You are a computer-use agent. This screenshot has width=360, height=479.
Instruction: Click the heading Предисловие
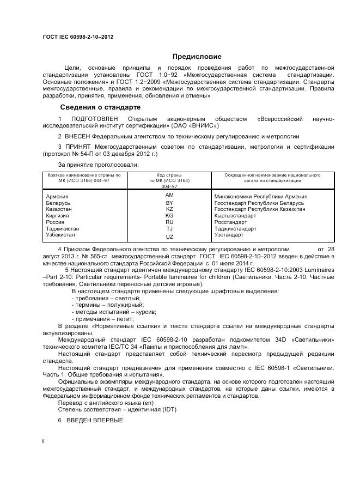click(197, 56)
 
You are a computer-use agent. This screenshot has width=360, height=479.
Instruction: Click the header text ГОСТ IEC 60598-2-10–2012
click(77, 37)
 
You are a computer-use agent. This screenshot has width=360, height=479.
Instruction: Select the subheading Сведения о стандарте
click(100, 107)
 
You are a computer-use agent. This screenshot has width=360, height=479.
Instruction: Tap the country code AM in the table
click(169, 195)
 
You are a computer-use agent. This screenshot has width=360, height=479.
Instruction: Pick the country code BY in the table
click(169, 203)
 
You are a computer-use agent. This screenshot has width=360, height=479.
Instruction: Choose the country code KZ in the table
click(169, 209)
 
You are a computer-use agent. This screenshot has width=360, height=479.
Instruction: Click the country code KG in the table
click(169, 215)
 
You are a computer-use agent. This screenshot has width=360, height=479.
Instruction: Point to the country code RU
click(169, 222)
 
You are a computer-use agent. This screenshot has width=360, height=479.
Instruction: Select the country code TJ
click(169, 229)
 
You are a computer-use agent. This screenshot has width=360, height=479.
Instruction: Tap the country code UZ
click(169, 237)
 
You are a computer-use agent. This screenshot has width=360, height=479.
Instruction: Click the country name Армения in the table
click(57, 196)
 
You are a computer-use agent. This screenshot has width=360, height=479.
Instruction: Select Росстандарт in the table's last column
click(230, 222)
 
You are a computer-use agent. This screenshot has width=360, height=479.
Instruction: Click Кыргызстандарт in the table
click(235, 216)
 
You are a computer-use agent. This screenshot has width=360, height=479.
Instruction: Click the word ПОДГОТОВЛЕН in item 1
click(95, 119)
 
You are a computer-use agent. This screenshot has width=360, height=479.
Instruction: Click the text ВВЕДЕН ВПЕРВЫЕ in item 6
click(95, 421)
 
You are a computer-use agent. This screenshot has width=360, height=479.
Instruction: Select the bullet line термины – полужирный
click(104, 305)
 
